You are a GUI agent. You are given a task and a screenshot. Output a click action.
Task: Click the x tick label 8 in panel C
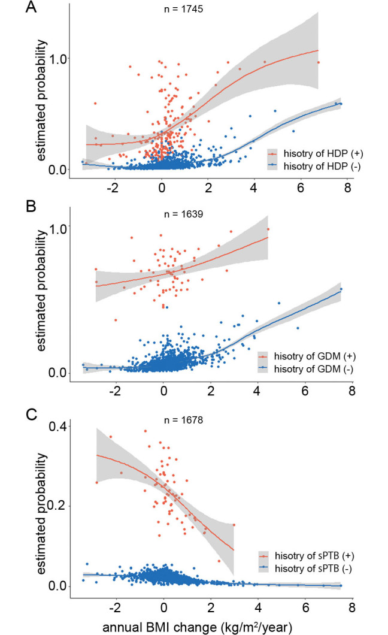[351, 606]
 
